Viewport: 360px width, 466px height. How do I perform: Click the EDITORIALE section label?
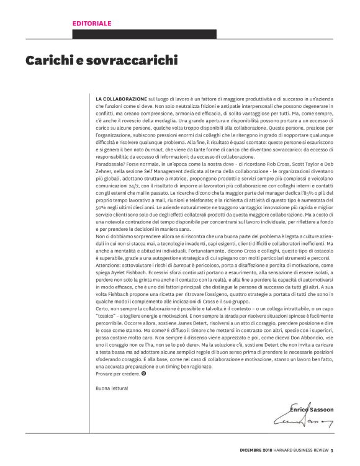(92, 23)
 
